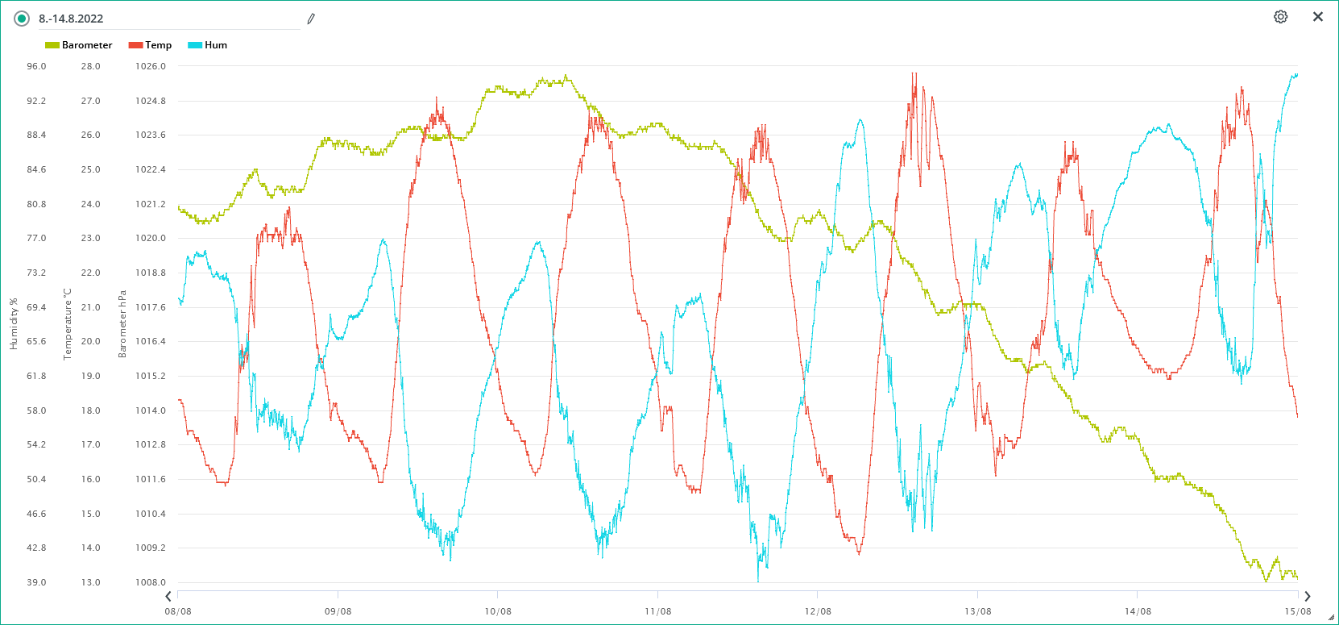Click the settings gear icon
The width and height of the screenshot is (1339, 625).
tap(1280, 17)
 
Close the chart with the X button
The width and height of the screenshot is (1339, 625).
tap(1318, 17)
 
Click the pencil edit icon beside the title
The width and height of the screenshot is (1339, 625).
tap(311, 19)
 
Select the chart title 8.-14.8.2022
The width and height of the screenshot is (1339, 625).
tap(71, 19)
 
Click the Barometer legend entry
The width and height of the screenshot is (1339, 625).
tap(79, 45)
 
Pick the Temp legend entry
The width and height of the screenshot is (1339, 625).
tap(151, 45)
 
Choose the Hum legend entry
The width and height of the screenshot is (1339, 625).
tap(208, 45)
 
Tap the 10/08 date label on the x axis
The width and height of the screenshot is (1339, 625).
tap(498, 611)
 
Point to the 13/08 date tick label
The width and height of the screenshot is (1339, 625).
tap(977, 611)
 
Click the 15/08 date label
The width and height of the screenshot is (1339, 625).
tap(1297, 611)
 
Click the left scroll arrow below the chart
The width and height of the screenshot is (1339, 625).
tap(168, 597)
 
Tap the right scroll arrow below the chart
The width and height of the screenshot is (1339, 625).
tap(1307, 597)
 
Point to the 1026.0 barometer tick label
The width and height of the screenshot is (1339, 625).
tap(151, 66)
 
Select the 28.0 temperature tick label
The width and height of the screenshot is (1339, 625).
tap(90, 66)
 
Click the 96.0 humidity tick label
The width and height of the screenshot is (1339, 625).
tap(36, 66)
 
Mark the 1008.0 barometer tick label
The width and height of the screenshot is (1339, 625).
tap(151, 582)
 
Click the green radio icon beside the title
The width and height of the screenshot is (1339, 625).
tap(22, 19)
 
